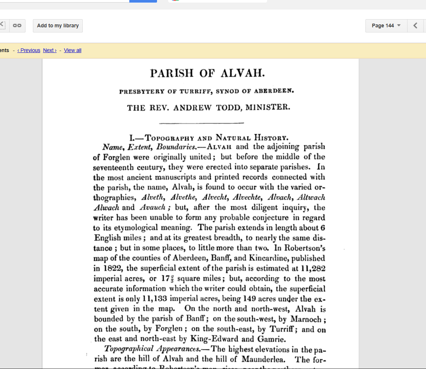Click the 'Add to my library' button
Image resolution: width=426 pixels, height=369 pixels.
58,26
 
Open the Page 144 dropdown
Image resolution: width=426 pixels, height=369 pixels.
386,26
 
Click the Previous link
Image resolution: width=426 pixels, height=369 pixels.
29,50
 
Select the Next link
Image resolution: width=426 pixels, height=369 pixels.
50,50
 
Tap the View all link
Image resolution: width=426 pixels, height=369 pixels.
72,50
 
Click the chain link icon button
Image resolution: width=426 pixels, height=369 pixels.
17,26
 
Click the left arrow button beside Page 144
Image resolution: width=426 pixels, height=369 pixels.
415,26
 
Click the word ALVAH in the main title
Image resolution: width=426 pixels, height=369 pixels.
243,73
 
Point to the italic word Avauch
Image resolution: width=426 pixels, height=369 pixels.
153,208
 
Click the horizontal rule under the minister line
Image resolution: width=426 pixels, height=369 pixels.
201,123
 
